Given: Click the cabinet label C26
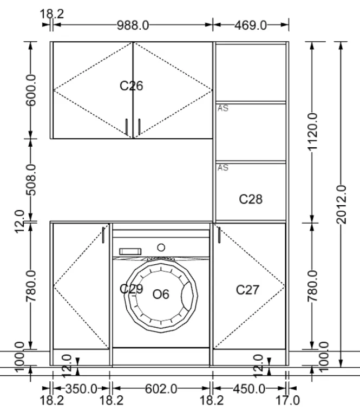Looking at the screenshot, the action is [132, 86].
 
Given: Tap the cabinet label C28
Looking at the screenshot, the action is [251, 199].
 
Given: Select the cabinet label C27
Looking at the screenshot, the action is [247, 290].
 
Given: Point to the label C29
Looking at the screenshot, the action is [132, 289].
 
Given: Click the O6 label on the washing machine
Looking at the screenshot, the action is [161, 294].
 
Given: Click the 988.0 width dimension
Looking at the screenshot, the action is [133, 25].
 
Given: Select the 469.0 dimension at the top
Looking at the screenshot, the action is [251, 25].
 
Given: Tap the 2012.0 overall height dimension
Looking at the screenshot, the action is [342, 205].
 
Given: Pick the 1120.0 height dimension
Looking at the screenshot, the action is [312, 132].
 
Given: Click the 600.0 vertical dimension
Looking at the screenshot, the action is [31, 90].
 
